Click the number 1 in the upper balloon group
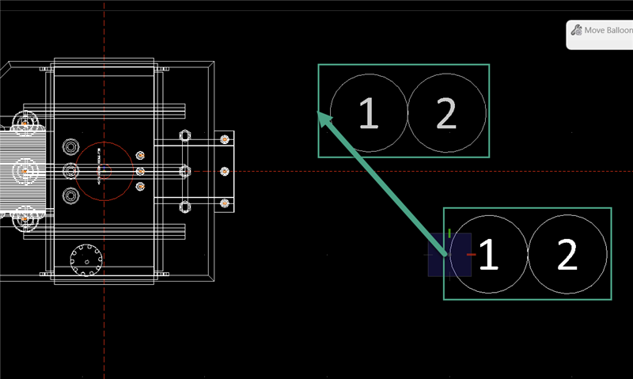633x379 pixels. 368,113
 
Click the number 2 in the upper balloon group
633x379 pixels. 446,113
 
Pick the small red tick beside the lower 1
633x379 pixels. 472,255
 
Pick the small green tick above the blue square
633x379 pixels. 449,233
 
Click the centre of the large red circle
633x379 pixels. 104,170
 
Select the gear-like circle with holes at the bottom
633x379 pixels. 87,258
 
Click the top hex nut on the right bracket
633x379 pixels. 185,135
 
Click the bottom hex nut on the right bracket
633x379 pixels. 185,207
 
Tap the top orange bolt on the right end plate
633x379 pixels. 225,139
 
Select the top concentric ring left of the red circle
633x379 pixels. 70,146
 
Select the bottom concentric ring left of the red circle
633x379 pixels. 70,195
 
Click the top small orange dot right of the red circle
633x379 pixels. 140,155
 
